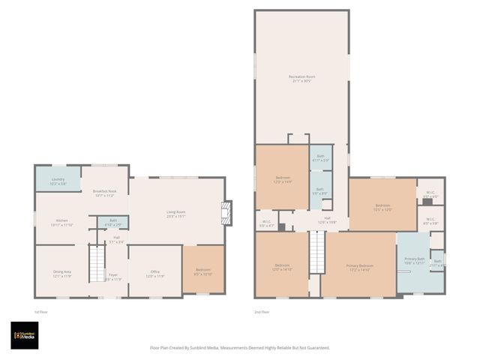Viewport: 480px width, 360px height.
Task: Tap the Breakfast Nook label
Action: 104,193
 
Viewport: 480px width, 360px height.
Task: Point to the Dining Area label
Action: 61,274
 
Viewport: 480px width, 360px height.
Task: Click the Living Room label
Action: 175,214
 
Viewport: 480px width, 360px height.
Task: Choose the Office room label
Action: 154,274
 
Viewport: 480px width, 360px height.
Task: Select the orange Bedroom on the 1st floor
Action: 203,271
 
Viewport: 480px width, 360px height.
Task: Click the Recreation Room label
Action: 301,79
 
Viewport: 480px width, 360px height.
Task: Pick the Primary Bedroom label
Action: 359,268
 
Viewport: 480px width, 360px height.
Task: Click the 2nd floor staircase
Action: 316,253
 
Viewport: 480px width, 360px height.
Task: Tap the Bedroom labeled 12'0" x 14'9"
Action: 283,179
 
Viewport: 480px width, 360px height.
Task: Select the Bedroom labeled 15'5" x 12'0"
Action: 382,207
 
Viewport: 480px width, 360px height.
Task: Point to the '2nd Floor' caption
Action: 262,311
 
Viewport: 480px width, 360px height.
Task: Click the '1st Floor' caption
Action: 40,311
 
